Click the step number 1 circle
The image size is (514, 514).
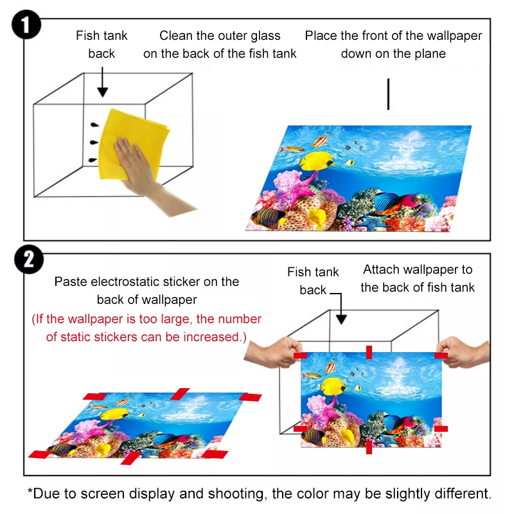[26, 25]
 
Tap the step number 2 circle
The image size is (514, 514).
[29, 260]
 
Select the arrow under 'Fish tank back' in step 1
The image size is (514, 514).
[103, 82]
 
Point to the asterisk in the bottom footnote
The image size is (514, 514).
[30, 491]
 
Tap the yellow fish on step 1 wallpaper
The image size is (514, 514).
[316, 161]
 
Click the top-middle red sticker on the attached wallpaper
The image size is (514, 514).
[369, 352]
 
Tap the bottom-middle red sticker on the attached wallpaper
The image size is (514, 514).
[369, 447]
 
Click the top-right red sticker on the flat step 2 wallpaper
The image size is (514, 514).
[251, 397]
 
